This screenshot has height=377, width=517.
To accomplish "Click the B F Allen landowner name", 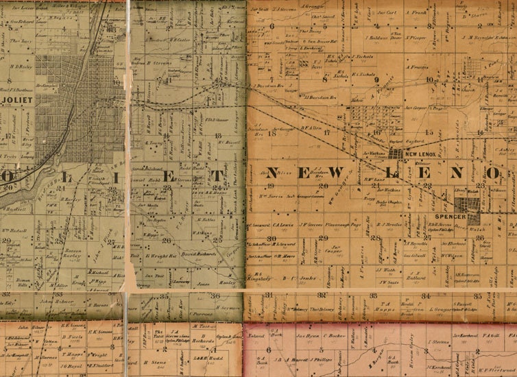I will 311,127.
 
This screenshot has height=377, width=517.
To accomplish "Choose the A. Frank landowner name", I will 416,12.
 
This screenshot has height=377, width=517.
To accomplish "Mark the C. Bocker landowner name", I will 337,337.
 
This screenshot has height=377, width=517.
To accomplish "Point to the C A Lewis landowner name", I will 283,223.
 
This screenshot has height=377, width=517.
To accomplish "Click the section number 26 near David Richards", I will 167,240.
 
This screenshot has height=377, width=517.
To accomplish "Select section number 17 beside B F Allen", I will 327,132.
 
